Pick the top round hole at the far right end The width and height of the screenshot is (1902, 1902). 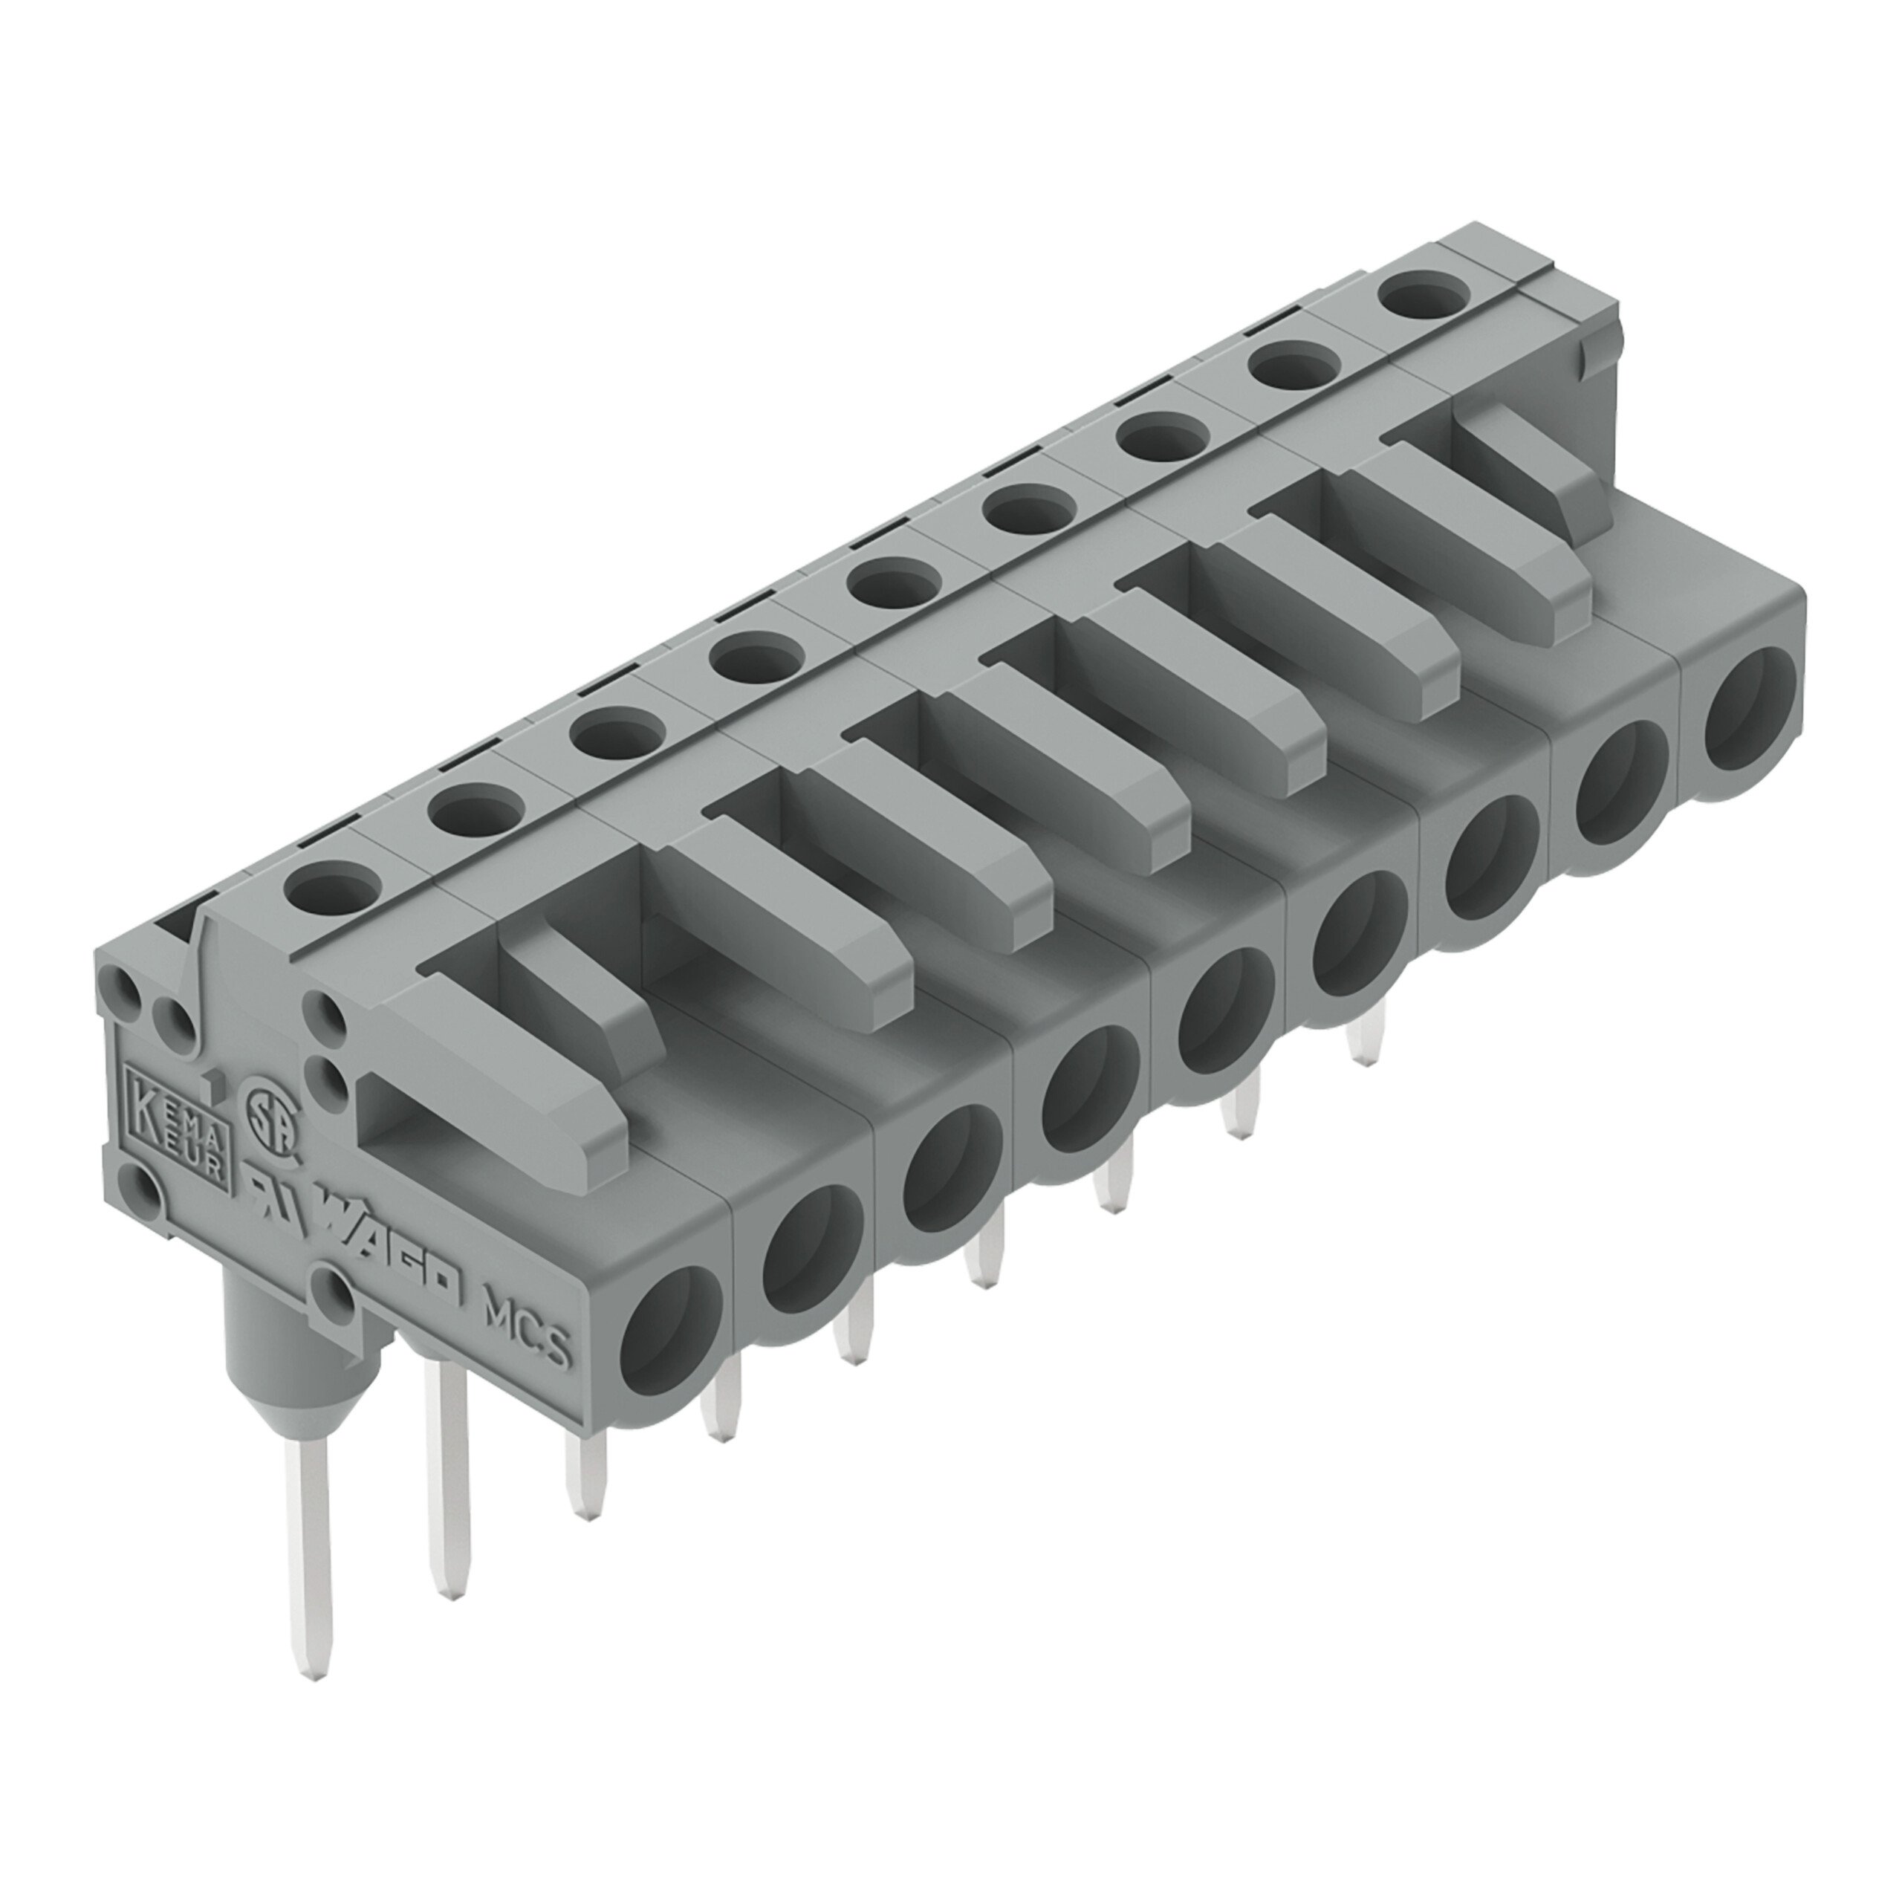[1418, 293]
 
